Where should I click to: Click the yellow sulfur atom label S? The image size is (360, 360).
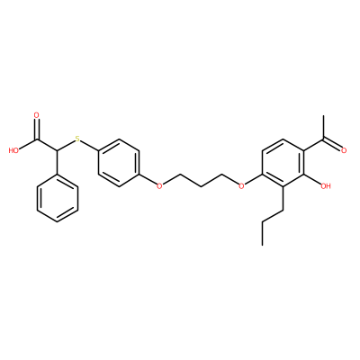(77, 139)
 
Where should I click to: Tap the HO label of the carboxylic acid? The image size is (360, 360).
(13, 150)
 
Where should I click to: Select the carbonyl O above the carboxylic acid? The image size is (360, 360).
(37, 115)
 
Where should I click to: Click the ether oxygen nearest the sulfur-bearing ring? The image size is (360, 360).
(159, 186)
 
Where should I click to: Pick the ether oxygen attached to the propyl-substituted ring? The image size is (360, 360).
(241, 186)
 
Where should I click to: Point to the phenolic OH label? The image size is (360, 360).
(326, 186)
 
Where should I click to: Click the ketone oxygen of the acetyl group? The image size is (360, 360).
(344, 150)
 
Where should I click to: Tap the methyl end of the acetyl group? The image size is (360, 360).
(323, 115)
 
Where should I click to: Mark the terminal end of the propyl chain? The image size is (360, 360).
(262, 245)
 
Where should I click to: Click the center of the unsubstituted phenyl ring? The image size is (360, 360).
(58, 198)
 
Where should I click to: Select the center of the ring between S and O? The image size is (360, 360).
(119, 162)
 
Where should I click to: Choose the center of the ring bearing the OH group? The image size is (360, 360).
(283, 162)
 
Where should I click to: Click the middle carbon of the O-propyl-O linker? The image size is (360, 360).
(201, 186)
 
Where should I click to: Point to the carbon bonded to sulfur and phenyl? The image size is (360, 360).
(57, 150)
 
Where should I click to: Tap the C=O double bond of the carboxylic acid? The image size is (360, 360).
(37, 129)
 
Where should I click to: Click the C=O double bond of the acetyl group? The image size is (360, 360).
(332, 144)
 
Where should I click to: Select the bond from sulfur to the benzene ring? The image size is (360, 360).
(89, 145)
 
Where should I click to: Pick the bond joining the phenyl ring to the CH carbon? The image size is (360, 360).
(57, 162)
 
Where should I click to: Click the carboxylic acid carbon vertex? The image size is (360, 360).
(37, 139)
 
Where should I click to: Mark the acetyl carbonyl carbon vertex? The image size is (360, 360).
(323, 139)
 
